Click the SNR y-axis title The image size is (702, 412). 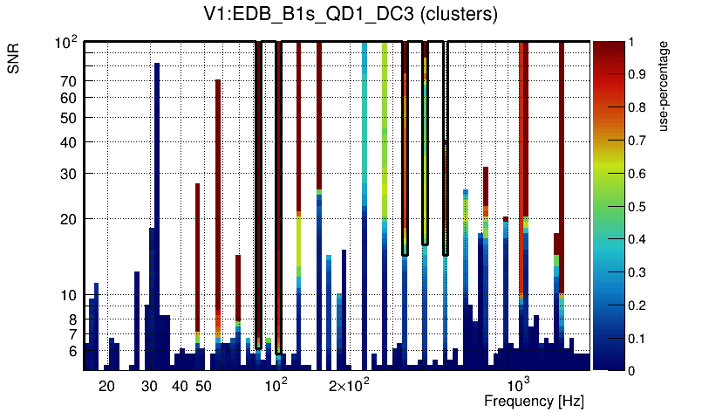14,59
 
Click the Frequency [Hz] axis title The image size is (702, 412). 534,401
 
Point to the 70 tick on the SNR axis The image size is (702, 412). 67,81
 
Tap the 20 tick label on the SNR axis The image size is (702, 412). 67,219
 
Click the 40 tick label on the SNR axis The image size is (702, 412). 67,142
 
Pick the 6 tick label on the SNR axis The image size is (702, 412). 72,352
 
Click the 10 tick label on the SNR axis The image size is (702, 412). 67,296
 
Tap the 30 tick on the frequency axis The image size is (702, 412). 149,386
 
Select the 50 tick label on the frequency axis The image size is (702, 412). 203,386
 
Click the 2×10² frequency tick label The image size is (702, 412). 349,385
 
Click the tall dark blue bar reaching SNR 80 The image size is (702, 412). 157,209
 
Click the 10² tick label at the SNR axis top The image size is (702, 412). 67,42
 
